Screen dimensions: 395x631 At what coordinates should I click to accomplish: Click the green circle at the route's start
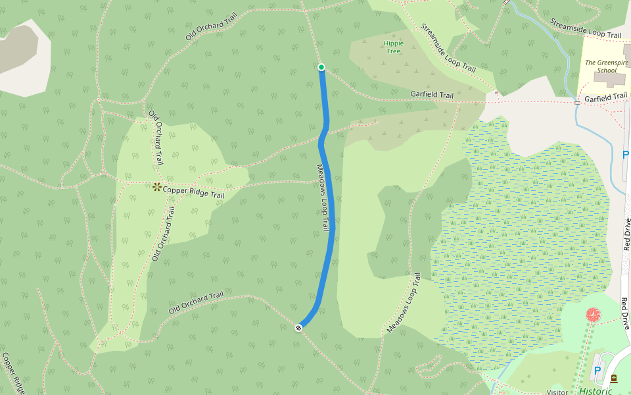321,67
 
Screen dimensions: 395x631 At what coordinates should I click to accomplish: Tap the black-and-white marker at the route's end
298,327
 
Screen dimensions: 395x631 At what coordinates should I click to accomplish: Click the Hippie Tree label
394,47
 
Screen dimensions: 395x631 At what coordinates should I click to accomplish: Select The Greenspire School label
606,66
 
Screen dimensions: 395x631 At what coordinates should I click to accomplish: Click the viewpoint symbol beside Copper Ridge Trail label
157,188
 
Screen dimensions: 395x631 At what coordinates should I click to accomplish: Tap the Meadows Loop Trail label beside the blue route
322,197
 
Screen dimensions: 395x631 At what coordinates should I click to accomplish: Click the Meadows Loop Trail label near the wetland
404,302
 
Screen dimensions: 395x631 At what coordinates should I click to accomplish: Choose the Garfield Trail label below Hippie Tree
432,95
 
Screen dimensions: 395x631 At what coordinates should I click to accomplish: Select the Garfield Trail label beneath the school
605,97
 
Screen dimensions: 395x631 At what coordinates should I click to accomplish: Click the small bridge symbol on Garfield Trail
577,102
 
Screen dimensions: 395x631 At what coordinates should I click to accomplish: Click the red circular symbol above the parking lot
594,315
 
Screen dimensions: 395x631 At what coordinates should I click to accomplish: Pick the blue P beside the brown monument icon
597,371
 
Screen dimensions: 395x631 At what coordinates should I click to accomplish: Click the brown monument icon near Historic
614,379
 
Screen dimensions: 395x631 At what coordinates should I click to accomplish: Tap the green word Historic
595,390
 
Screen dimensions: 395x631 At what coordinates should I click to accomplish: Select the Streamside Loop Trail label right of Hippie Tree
448,48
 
